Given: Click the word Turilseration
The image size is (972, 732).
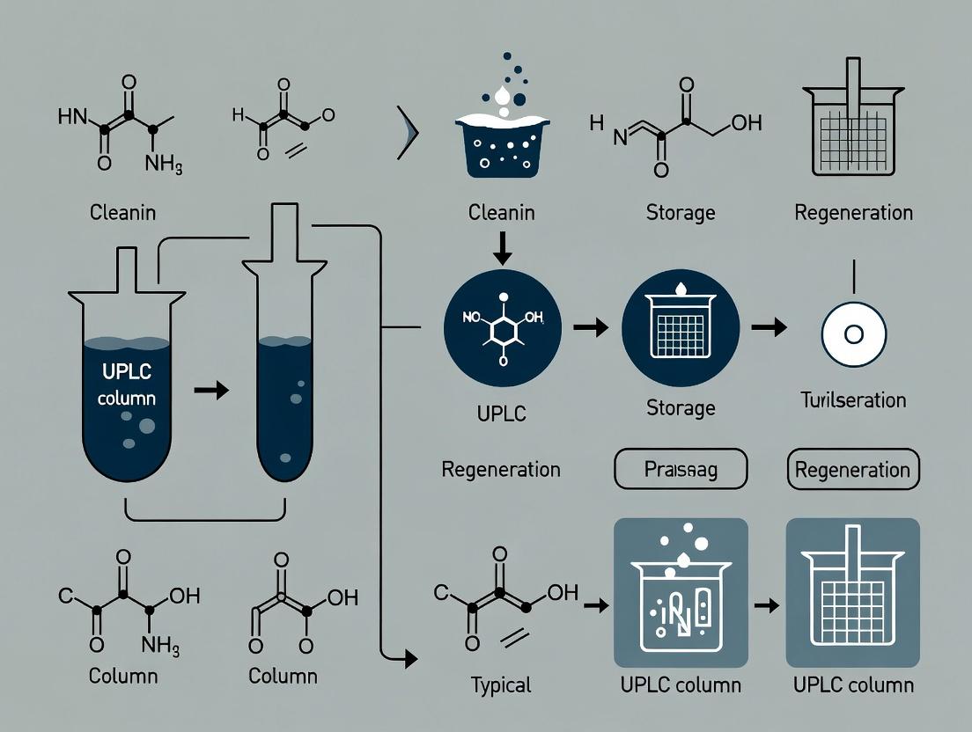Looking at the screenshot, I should click(852, 400).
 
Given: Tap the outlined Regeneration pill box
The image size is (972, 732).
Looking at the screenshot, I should click(852, 469).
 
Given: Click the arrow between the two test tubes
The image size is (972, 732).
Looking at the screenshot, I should click(210, 389).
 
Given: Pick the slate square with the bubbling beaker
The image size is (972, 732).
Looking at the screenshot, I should click(679, 592).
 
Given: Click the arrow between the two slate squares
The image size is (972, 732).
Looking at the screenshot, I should click(767, 605).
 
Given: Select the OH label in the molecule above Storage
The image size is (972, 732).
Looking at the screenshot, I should click(746, 124).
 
